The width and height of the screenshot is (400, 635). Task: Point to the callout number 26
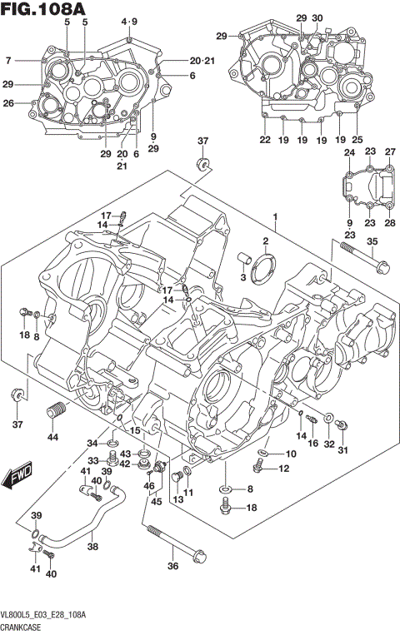8,103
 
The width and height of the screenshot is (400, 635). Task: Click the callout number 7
8,60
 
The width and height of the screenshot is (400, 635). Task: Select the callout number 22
265,140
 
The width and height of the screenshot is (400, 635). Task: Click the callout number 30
317,17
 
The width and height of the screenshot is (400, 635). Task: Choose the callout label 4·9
130,21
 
